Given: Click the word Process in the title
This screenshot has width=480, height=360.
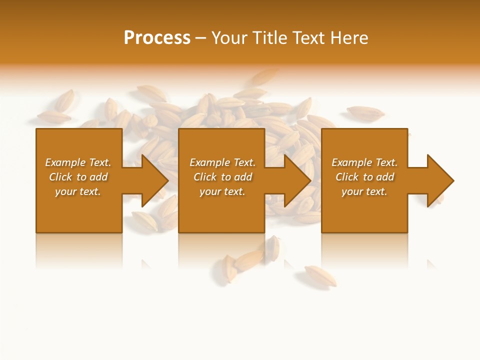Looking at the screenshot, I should (x=157, y=38).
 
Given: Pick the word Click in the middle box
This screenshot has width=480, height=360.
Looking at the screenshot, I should (x=204, y=177).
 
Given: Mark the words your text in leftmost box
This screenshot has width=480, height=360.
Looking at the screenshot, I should (x=78, y=191).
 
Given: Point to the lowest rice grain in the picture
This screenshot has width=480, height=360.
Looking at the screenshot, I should (x=320, y=275).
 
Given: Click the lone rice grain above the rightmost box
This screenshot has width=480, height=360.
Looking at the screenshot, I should (x=365, y=113).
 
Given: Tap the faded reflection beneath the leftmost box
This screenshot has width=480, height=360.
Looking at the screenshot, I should (x=79, y=250).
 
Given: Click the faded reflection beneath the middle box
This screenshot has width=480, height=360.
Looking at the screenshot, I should (x=221, y=250).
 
